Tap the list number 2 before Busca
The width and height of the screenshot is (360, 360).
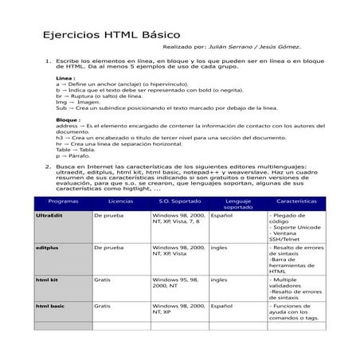[x=48, y=166]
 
